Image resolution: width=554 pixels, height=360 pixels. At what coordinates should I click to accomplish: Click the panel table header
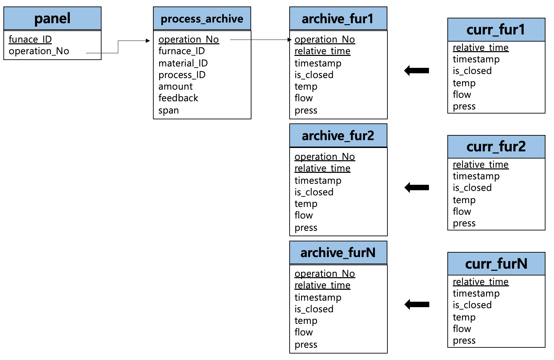pyautogui.click(x=52, y=18)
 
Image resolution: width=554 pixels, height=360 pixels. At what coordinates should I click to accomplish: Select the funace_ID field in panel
pyautogui.click(x=30, y=39)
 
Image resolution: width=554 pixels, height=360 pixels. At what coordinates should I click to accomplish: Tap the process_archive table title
pyautogui.click(x=202, y=19)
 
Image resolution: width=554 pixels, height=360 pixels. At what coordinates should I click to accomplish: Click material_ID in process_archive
pyautogui.click(x=183, y=63)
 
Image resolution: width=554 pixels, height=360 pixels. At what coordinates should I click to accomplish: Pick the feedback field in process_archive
pyautogui.click(x=178, y=98)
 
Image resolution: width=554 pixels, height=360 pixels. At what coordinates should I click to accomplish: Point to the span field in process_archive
pyautogui.click(x=169, y=110)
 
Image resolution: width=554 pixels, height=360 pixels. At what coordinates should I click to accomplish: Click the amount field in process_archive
pyautogui.click(x=175, y=86)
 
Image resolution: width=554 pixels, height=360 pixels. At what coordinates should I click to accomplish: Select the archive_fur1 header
pyautogui.click(x=338, y=19)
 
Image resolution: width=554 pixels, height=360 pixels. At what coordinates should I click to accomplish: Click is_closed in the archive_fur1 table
pyautogui.click(x=314, y=75)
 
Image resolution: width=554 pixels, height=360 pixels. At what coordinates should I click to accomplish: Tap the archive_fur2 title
pyautogui.click(x=338, y=136)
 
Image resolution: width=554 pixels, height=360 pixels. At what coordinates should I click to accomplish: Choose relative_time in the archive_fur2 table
pyautogui.click(x=322, y=168)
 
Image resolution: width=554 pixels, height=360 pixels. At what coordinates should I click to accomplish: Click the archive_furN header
pyautogui.click(x=338, y=253)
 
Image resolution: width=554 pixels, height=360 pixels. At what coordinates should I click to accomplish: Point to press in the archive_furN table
pyautogui.click(x=306, y=345)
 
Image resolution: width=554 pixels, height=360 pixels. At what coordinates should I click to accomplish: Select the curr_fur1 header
pyautogui.click(x=496, y=30)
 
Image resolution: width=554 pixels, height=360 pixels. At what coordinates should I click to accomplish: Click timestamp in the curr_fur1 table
pyautogui.click(x=476, y=59)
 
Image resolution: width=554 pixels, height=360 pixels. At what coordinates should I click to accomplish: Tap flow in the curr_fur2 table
pyautogui.click(x=462, y=212)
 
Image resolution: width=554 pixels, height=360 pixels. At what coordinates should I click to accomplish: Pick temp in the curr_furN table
pyautogui.click(x=464, y=317)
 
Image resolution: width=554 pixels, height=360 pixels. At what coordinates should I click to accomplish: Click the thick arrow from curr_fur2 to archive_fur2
pyautogui.click(x=417, y=187)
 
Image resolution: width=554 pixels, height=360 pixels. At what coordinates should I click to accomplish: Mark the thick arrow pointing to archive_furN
pyautogui.click(x=417, y=304)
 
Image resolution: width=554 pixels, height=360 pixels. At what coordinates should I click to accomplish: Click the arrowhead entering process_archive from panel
pyautogui.click(x=148, y=41)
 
